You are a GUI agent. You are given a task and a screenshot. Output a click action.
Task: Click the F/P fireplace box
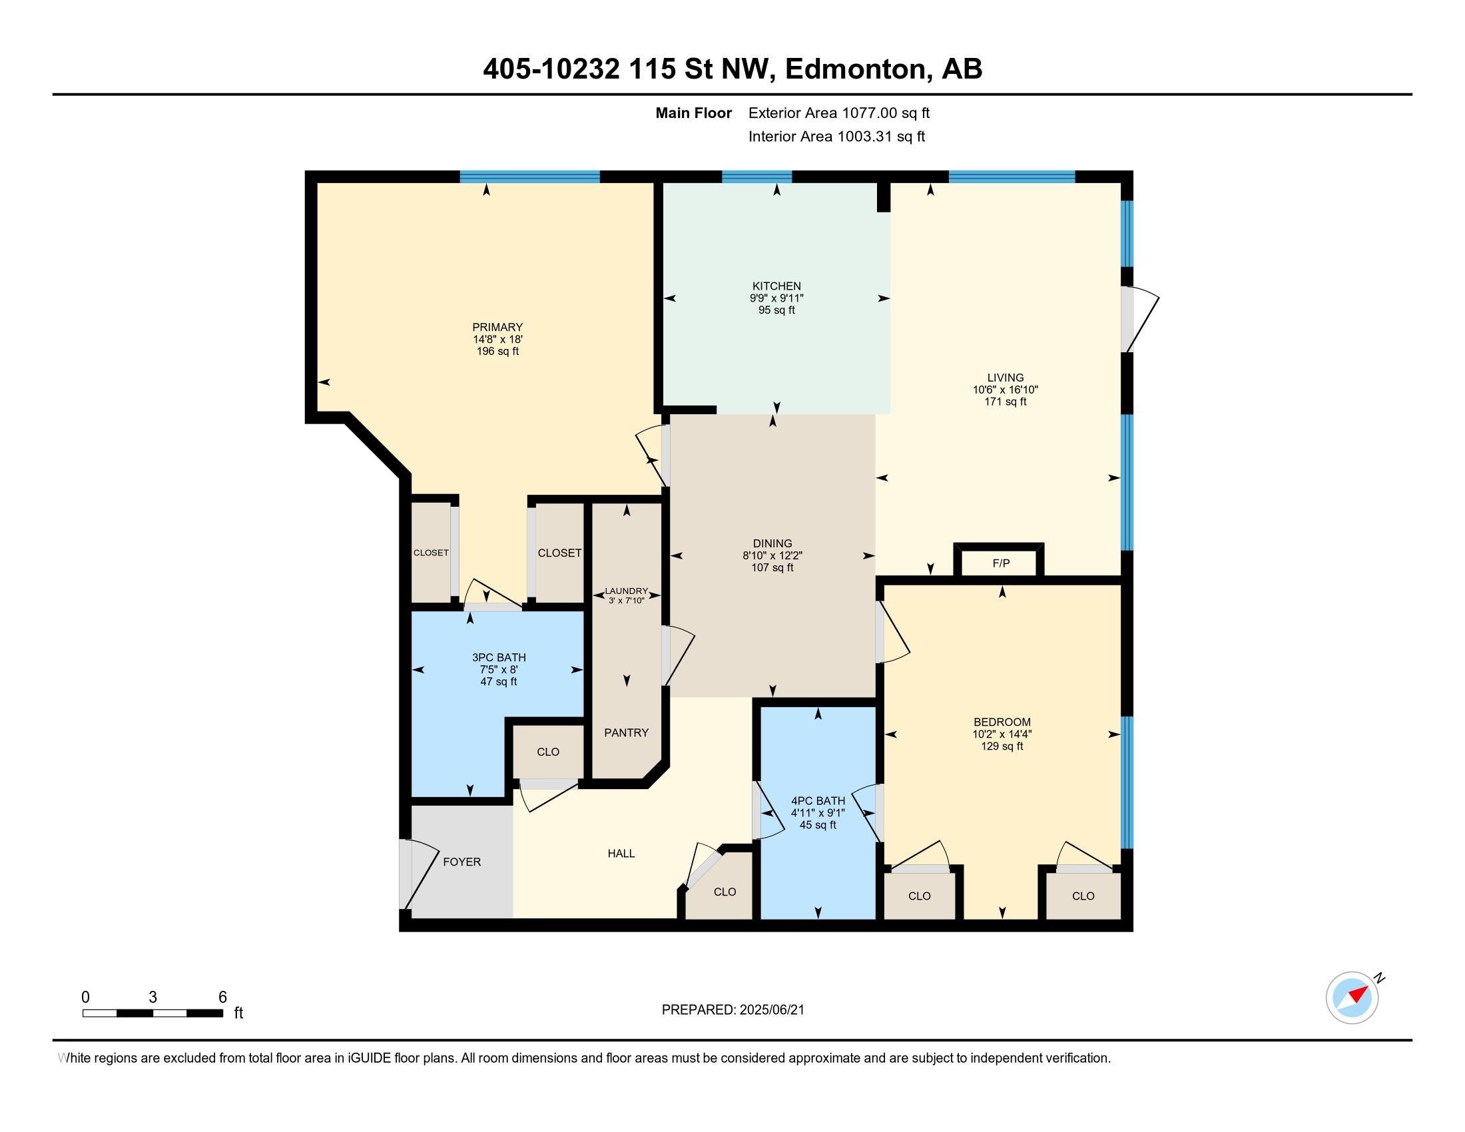pyautogui.click(x=1000, y=563)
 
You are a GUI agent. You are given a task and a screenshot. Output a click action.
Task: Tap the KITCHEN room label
pyautogui.click(x=776, y=286)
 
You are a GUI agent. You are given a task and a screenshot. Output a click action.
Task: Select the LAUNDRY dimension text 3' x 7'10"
pyautogui.click(x=626, y=601)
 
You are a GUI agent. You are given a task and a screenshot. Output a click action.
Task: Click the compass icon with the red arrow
pyautogui.click(x=1352, y=998)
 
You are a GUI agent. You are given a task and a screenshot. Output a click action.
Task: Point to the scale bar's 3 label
pyautogui.click(x=153, y=997)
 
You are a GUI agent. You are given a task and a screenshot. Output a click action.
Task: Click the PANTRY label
pyautogui.click(x=626, y=732)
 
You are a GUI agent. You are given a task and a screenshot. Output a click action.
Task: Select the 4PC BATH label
pyautogui.click(x=818, y=800)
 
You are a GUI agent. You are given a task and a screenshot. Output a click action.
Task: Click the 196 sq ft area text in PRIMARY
pyautogui.click(x=497, y=352)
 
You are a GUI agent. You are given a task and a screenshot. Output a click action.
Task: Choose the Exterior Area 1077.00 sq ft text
pyautogui.click(x=838, y=113)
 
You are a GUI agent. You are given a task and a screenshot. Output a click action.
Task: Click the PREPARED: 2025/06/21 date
pyautogui.click(x=732, y=1010)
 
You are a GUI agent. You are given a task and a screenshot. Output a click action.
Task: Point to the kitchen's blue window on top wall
pyautogui.click(x=756, y=177)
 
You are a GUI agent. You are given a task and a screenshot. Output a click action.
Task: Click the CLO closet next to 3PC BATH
pyautogui.click(x=548, y=752)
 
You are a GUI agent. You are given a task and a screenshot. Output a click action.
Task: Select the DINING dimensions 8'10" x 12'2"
pyautogui.click(x=772, y=556)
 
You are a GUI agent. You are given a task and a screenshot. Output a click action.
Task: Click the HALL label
pyautogui.click(x=621, y=854)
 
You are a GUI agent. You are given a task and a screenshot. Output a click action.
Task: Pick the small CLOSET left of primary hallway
pyautogui.click(x=431, y=553)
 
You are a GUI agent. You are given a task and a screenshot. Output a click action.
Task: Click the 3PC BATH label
pyautogui.click(x=498, y=658)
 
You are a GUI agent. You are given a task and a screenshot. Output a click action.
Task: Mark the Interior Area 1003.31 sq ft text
pyautogui.click(x=836, y=137)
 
